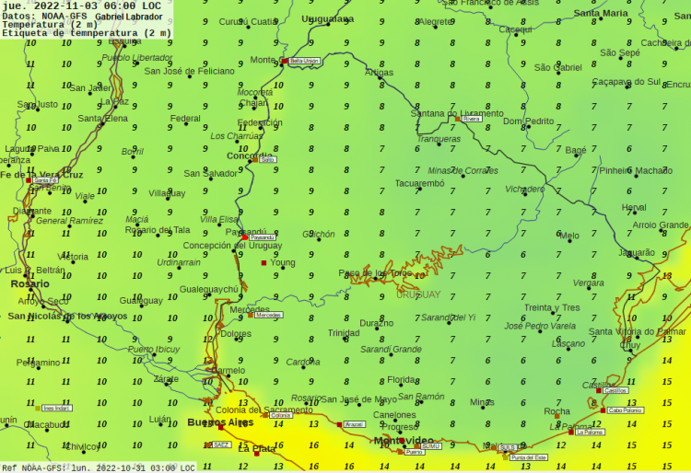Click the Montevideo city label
pos(403,442)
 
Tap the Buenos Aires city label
pos(220,422)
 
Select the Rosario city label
pos(30,284)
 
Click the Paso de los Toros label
pos(375,273)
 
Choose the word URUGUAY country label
pos(418,294)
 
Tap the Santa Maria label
pos(601,14)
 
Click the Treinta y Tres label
pos(553,308)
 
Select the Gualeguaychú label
pos(209,289)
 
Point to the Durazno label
pos(376,323)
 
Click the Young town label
pos(283,263)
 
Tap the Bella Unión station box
pos(304,61)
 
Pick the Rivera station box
pos(472,119)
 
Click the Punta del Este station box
pos(529,457)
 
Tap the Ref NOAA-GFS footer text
pos(33,467)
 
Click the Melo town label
pos(569,236)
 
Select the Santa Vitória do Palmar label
pos(638,331)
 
